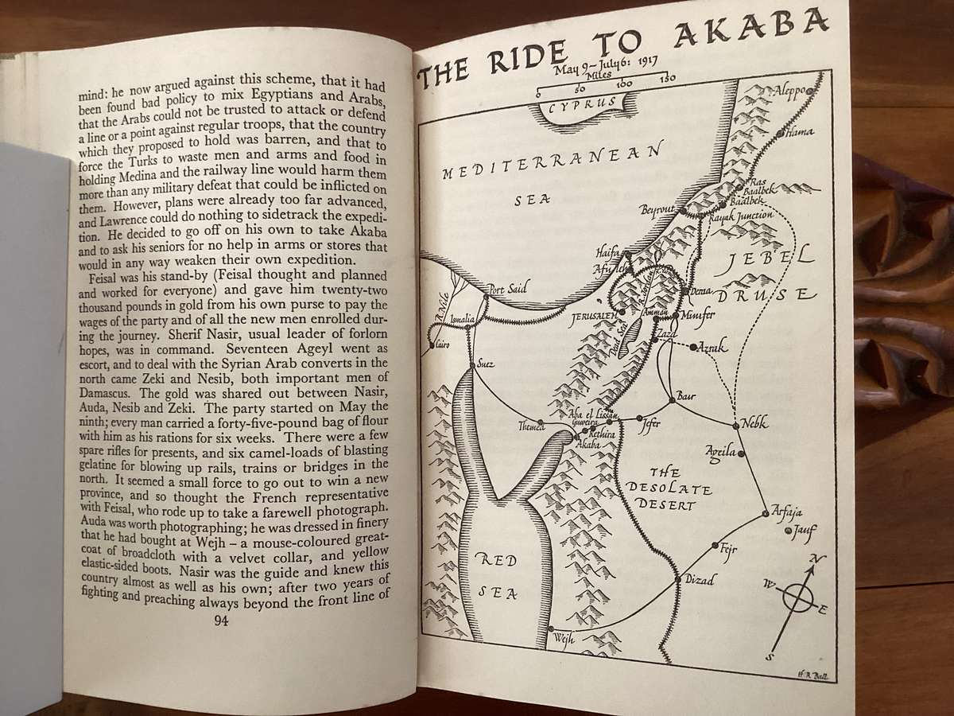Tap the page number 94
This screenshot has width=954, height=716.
coord(221,621)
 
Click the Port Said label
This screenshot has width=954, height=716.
coord(507,290)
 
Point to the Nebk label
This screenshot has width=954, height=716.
coord(754,423)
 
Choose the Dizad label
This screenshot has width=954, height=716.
coord(700,580)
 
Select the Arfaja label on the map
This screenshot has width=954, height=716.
coord(788,512)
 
